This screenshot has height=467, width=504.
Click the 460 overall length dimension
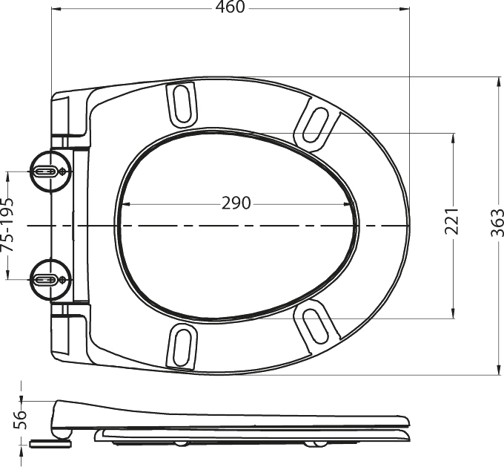231,7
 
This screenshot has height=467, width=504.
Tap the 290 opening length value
236,203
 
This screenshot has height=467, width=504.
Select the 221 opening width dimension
452,221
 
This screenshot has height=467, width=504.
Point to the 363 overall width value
497,223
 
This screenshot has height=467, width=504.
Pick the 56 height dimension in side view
20,419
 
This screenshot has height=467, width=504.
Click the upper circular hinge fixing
50,172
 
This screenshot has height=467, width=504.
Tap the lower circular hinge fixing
50,280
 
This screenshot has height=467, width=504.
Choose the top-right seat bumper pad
316,125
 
